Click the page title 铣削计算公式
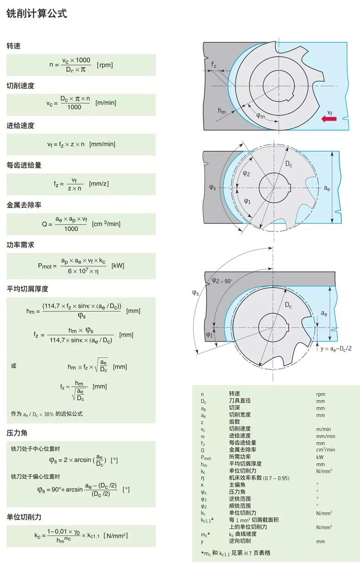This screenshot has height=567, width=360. click(37, 14)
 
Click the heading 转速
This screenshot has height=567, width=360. click(13, 46)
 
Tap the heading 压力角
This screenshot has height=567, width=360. click(17, 433)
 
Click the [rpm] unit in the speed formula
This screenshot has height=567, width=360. click(105, 65)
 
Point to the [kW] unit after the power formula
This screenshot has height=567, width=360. click(118, 266)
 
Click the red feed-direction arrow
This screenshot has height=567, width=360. click(329, 119)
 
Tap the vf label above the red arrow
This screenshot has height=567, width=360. click(329, 112)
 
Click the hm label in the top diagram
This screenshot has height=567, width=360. click(222, 110)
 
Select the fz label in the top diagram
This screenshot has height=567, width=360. click(213, 64)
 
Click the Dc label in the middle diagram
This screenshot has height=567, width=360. click(289, 164)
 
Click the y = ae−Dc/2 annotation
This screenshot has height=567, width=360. click(334, 348)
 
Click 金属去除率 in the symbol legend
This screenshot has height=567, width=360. click(243, 450)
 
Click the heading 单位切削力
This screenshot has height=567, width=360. click(24, 517)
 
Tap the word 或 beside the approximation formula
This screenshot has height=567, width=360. click(13, 366)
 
